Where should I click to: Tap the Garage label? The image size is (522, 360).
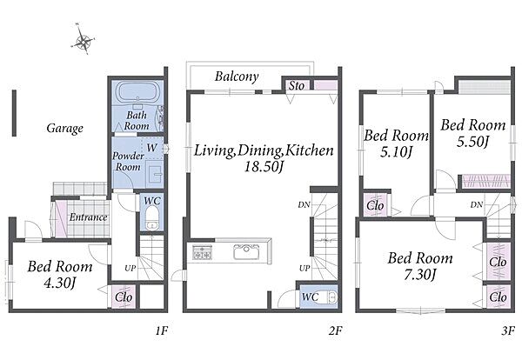[x=65, y=128]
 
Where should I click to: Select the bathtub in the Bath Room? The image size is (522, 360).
[x=137, y=91]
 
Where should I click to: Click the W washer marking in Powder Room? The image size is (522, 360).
[x=151, y=148]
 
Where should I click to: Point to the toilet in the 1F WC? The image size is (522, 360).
[x=151, y=218]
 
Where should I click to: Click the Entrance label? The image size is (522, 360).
[x=88, y=217]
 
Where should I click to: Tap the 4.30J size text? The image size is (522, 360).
[x=60, y=283]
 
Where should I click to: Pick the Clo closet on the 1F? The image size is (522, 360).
[x=124, y=297]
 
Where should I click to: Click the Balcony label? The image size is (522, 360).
[x=237, y=77]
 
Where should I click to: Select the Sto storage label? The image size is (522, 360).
[x=296, y=85]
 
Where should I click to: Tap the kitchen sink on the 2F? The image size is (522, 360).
[x=246, y=252]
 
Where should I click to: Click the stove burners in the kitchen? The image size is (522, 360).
[x=202, y=252]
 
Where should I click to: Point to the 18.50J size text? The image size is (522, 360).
[x=264, y=166]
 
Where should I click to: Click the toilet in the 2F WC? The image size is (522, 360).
[x=331, y=297]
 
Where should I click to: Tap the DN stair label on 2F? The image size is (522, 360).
[x=304, y=205]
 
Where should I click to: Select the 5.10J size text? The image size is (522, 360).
[x=396, y=152]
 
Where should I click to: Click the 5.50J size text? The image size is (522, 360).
[x=472, y=142]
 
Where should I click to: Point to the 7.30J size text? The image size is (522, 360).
[x=420, y=275]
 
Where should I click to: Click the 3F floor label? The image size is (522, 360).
[x=508, y=330]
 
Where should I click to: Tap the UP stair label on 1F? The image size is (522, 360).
[x=130, y=268]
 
